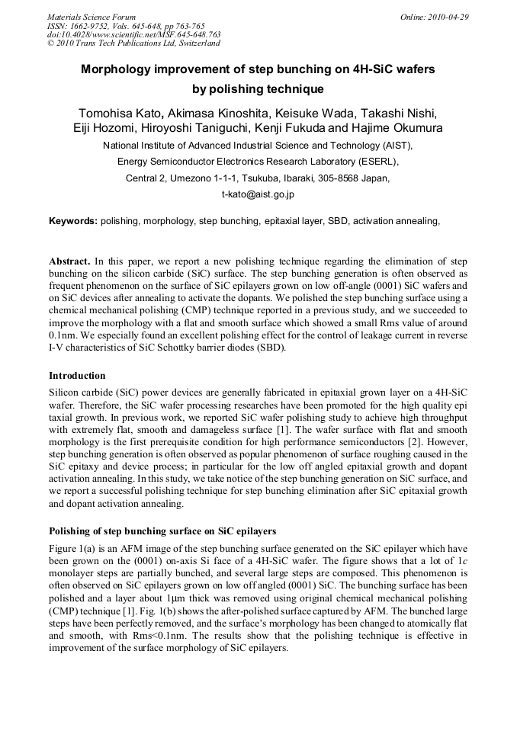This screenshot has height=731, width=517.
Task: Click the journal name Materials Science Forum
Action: pos(92,17)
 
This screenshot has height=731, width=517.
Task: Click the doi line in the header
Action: pos(134,35)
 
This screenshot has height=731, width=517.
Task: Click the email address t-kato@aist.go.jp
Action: pos(258,194)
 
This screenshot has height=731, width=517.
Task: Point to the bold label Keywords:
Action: pos(72,221)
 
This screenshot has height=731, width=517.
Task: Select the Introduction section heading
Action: pos(77,376)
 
